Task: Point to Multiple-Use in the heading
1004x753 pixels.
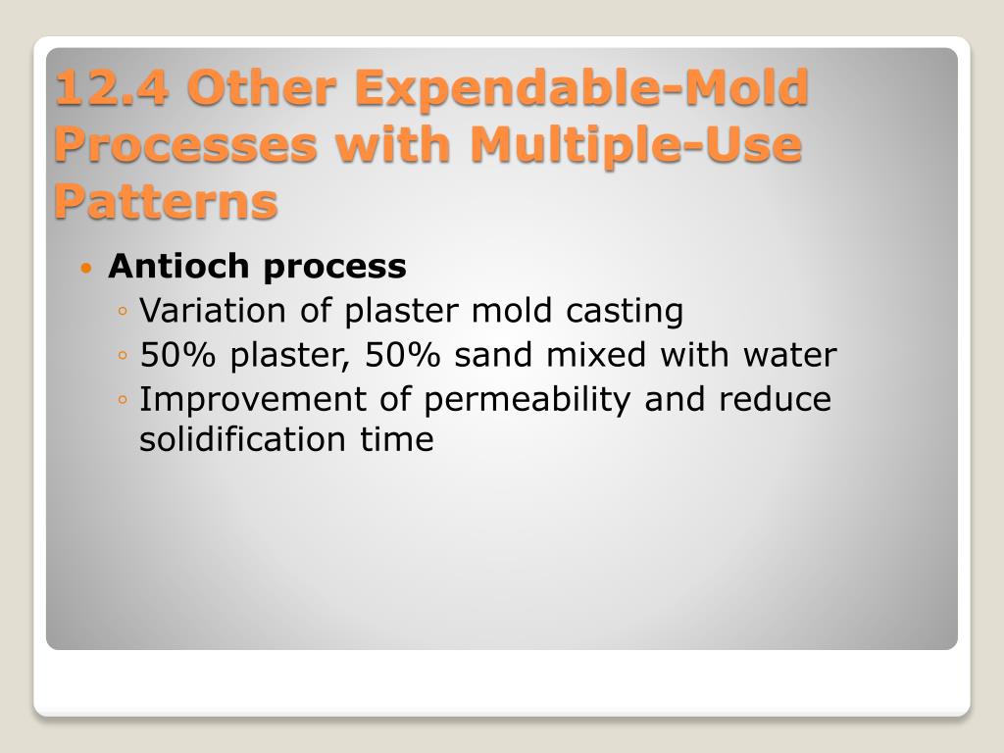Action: pos(635,145)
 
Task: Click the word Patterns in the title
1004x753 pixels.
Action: pos(166,202)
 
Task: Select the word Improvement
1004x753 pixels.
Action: pos(226,400)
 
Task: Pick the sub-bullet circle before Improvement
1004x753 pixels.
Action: pos(122,401)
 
